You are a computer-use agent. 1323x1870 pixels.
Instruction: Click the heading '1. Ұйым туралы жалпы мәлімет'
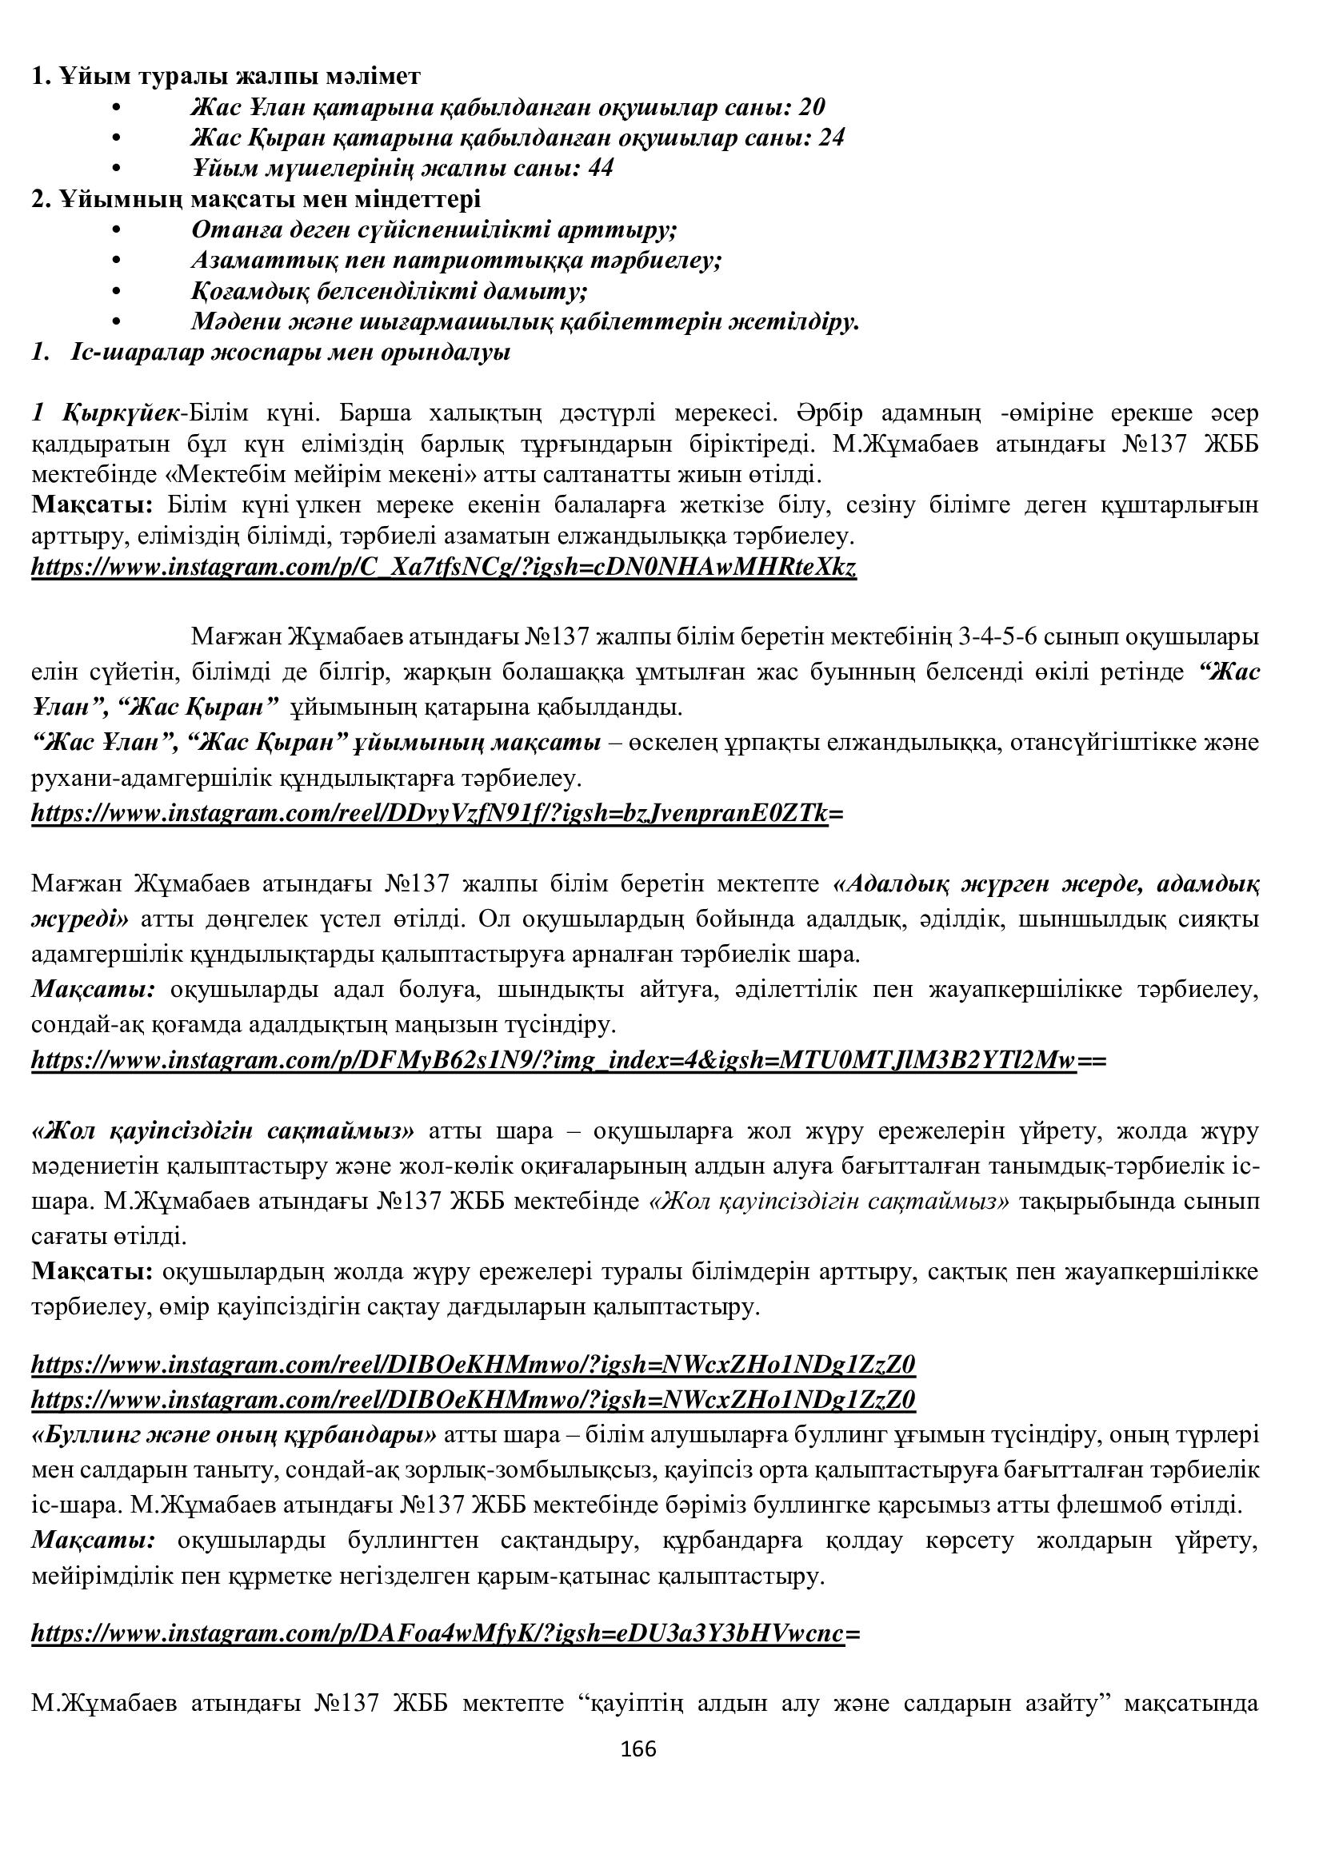click(226, 77)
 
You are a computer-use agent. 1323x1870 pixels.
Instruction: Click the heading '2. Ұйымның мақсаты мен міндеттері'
click(256, 199)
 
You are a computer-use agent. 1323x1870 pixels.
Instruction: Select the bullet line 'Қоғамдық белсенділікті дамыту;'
click(390, 291)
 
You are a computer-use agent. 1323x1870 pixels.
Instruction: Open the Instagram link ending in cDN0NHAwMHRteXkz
click(444, 567)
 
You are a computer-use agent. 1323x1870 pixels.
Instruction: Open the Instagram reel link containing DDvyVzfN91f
click(437, 813)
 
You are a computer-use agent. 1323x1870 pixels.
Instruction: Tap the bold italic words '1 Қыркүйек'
click(106, 413)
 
